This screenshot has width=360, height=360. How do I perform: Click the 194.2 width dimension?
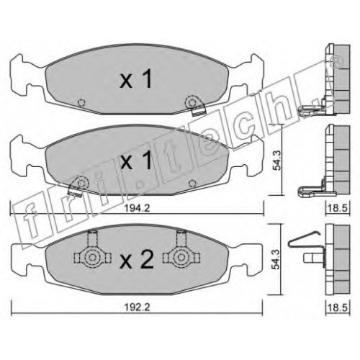pos(137,208)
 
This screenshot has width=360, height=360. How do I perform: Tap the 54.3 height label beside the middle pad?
pos(277,161)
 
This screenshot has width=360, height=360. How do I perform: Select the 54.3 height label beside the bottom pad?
pos(277,259)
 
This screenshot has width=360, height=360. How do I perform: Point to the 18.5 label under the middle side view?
pos(338,208)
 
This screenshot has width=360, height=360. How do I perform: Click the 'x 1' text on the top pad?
pos(136,78)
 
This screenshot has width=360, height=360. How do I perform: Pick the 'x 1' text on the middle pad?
pos(136,160)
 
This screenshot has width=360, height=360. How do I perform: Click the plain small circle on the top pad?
pos(81,103)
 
